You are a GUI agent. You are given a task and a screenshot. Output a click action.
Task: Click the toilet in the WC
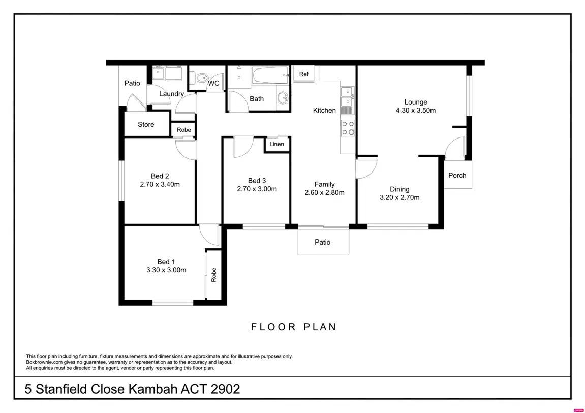pyautogui.click(x=201, y=78)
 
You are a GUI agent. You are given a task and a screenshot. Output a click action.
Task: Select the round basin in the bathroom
pyautogui.click(x=283, y=98)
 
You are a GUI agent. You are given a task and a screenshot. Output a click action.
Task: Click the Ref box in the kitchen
pyautogui.click(x=304, y=74)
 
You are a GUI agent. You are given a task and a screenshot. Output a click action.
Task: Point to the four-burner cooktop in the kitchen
pyautogui.click(x=348, y=128)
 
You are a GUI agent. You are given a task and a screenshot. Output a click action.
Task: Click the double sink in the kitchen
pyautogui.click(x=348, y=96)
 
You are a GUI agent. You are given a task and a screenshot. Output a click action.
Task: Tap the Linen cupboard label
pyautogui.click(x=277, y=144)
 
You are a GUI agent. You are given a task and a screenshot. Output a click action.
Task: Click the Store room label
pyautogui.click(x=146, y=124)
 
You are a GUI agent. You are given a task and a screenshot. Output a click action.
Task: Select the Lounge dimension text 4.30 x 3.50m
pyautogui.click(x=416, y=110)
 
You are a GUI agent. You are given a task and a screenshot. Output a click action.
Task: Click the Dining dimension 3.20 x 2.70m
pyautogui.click(x=399, y=197)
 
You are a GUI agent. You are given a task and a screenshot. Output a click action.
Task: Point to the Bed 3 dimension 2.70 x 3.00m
pyautogui.click(x=257, y=189)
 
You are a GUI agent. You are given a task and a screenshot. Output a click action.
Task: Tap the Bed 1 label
pyautogui.click(x=166, y=262)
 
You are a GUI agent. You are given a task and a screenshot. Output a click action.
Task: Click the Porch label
pyautogui.click(x=457, y=175)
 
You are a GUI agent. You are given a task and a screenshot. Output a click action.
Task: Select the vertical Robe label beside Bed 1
pyautogui.click(x=214, y=275)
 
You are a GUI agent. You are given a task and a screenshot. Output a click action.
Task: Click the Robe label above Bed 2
pyautogui.click(x=184, y=130)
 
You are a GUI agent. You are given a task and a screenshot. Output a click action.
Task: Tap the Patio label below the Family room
pyautogui.click(x=322, y=242)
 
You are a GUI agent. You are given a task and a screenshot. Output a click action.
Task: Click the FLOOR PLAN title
pyautogui.click(x=294, y=327)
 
